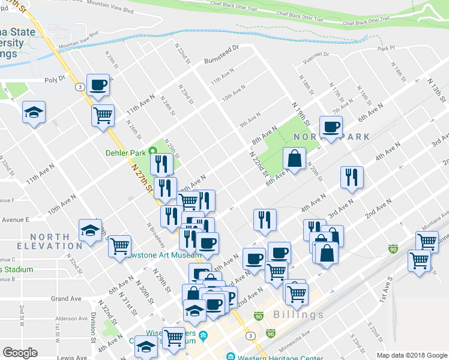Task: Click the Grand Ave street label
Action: pos(66,298)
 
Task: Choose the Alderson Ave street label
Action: pos(71,319)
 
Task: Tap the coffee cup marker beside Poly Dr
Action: pos(98,85)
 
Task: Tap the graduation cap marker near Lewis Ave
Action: pos(146,347)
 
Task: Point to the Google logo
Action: pos(20,353)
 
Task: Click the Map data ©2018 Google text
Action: pos(411,355)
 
